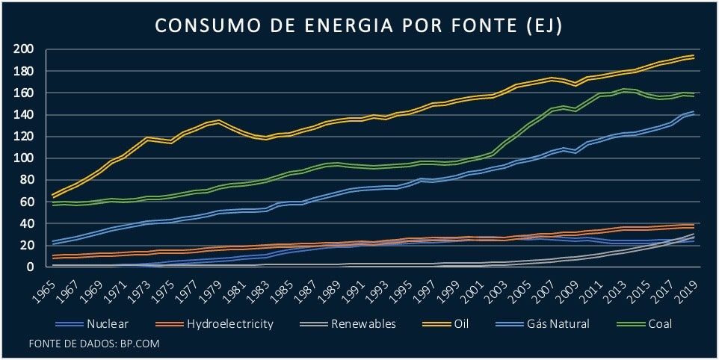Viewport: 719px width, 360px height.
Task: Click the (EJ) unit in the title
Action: tap(541, 25)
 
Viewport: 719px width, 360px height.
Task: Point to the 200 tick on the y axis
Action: tap(24, 49)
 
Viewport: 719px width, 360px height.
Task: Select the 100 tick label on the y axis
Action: tap(24, 158)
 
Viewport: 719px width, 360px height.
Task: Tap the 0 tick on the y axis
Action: tap(30, 267)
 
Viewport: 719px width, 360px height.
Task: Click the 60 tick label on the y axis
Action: tap(27, 202)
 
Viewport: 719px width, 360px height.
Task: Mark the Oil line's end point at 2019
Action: tap(694, 57)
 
